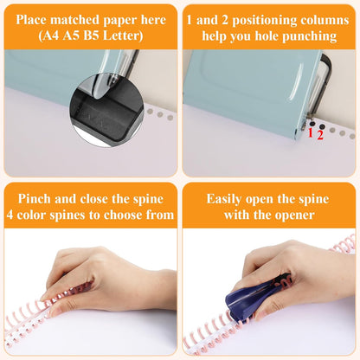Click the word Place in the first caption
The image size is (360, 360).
pos(38,20)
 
